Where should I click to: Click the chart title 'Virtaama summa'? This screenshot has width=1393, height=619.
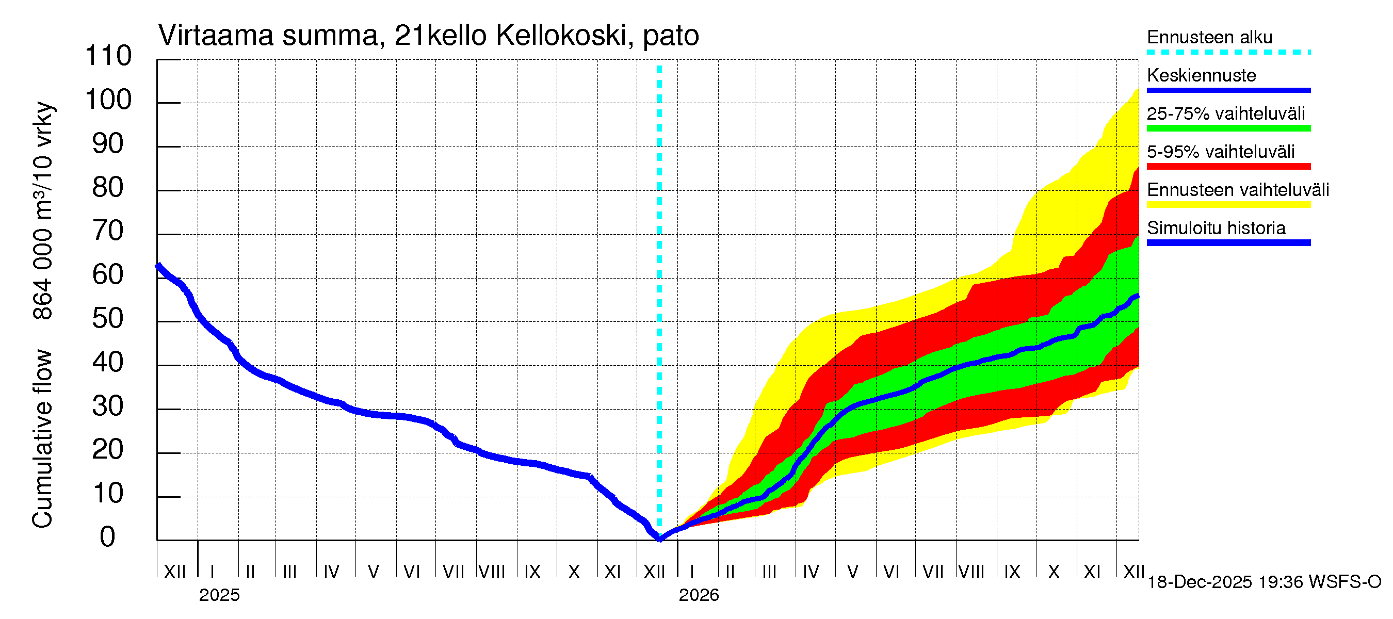pyautogui.click(x=269, y=36)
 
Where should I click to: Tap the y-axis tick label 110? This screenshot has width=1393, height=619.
pyautogui.click(x=108, y=56)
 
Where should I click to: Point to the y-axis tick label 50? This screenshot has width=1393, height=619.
pyautogui.click(x=108, y=319)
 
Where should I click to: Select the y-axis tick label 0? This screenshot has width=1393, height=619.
pyautogui.click(x=108, y=537)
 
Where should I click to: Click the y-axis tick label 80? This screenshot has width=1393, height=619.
pyautogui.click(x=108, y=188)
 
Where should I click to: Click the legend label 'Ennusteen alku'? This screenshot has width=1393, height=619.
pyautogui.click(x=1210, y=37)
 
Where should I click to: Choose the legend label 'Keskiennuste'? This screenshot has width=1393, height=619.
pyautogui.click(x=1201, y=75)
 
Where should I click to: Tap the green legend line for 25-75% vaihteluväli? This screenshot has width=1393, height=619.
pyautogui.click(x=1228, y=128)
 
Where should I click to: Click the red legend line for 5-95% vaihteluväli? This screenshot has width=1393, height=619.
pyautogui.click(x=1228, y=167)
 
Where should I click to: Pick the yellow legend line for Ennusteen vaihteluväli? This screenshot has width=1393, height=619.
pyautogui.click(x=1228, y=205)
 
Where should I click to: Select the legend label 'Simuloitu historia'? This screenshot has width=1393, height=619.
pyautogui.click(x=1216, y=228)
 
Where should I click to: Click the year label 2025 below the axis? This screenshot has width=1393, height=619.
pyautogui.click(x=219, y=595)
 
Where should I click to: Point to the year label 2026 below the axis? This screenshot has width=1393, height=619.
pyautogui.click(x=699, y=595)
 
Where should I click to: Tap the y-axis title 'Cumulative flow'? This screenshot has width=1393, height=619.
pyautogui.click(x=42, y=438)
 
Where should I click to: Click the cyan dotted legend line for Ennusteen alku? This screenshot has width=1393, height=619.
pyautogui.click(x=1228, y=53)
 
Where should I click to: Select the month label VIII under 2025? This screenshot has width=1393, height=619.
pyautogui.click(x=492, y=572)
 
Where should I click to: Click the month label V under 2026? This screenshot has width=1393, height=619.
pyautogui.click(x=852, y=572)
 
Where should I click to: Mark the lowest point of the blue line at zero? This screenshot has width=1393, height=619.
pyautogui.click(x=660, y=539)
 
